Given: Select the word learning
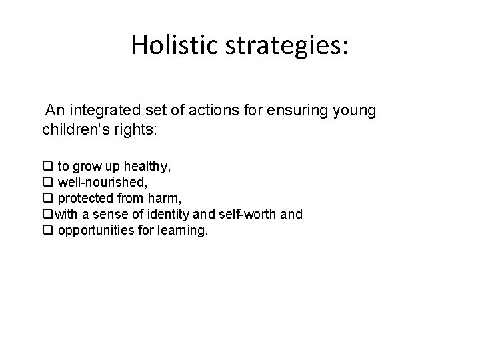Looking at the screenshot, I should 186,230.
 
